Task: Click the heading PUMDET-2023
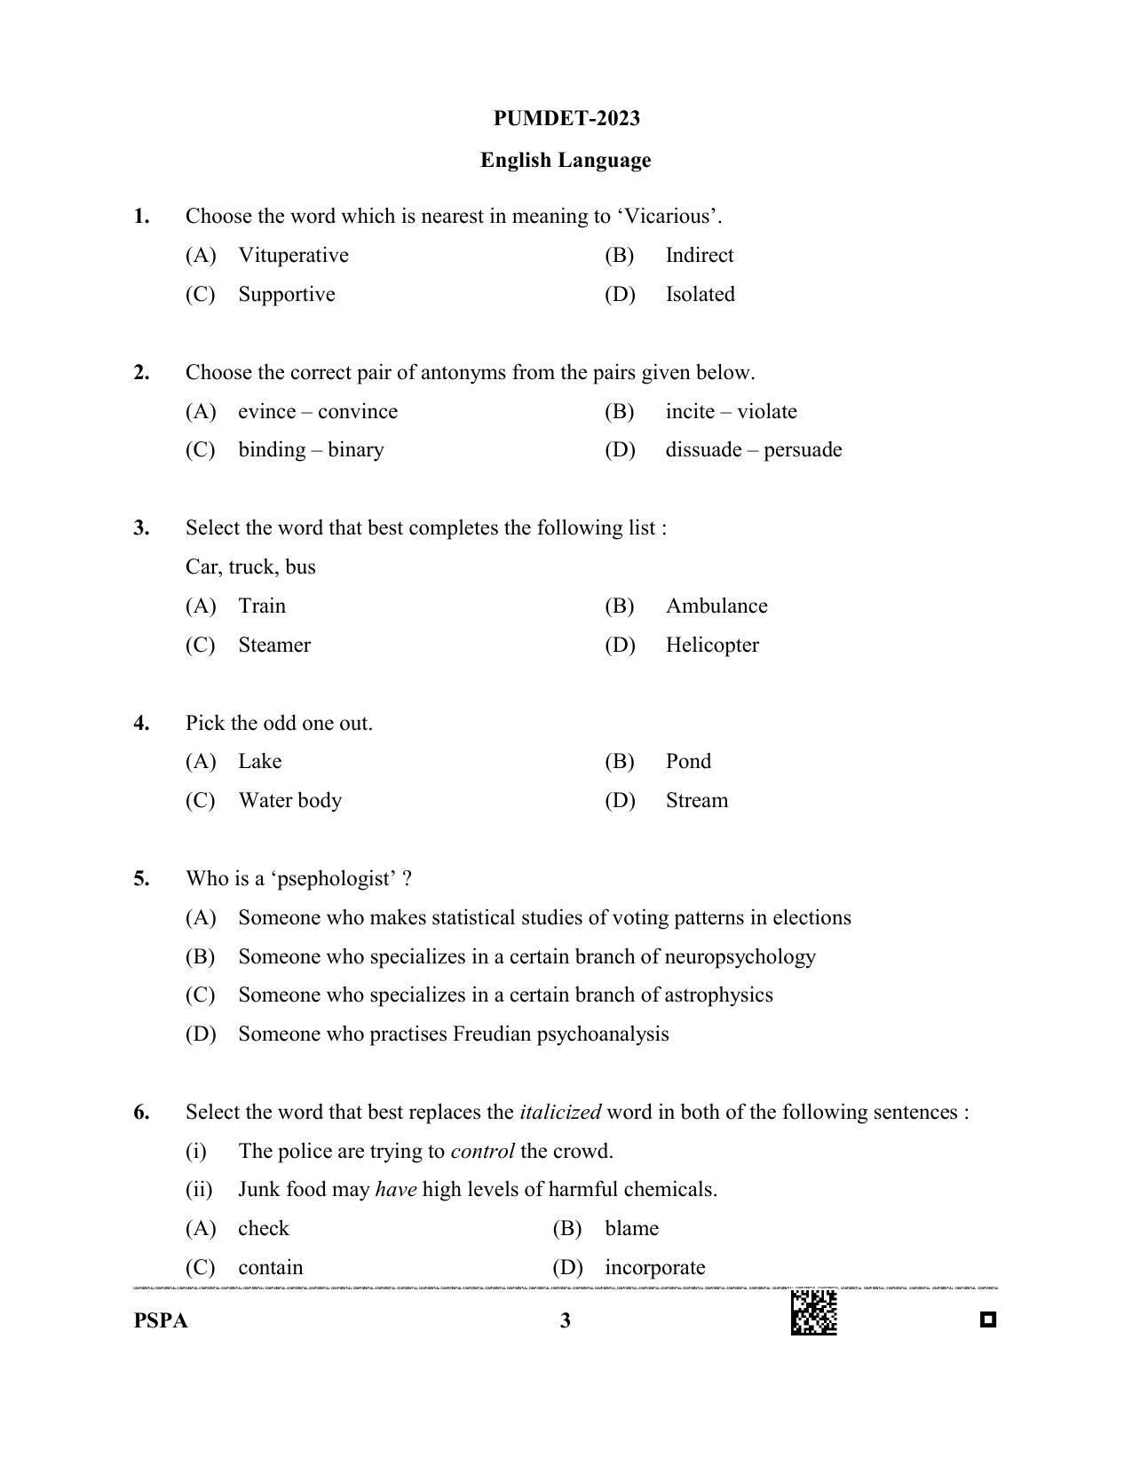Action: [x=566, y=119]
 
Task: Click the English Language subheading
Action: [x=566, y=161]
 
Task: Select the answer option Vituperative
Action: [x=293, y=256]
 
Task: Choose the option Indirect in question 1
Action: [x=699, y=256]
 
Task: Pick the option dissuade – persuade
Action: [x=753, y=450]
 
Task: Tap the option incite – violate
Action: [x=731, y=412]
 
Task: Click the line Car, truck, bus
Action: [x=250, y=567]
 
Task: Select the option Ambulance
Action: [x=716, y=606]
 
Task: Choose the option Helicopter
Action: [x=711, y=646]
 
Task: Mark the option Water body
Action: [x=289, y=801]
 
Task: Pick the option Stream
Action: [x=696, y=801]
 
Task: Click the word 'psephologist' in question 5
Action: [x=335, y=879]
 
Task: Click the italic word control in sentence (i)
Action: [x=482, y=1152]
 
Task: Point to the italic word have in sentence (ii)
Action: [x=396, y=1190]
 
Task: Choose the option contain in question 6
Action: [x=270, y=1268]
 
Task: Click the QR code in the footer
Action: [x=813, y=1312]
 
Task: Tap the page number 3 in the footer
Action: [x=566, y=1321]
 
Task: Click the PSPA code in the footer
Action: [x=161, y=1321]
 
